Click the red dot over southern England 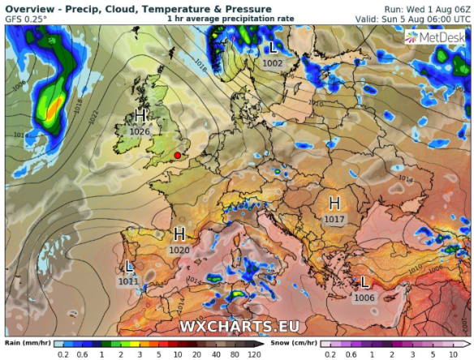(x=177, y=155)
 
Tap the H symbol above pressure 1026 (x=141, y=116)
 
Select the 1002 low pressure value (x=273, y=63)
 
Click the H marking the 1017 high (x=334, y=203)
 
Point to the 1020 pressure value (x=179, y=251)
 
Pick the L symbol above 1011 (x=130, y=267)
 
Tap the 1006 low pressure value (x=365, y=298)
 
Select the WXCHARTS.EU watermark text (x=239, y=326)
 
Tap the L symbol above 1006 (x=365, y=283)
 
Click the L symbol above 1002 (x=273, y=49)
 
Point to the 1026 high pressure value (x=140, y=131)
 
